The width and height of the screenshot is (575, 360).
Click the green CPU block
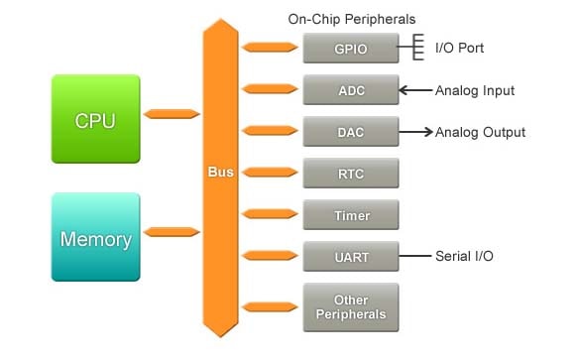click(95, 121)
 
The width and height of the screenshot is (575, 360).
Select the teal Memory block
click(95, 239)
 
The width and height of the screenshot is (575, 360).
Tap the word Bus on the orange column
click(220, 172)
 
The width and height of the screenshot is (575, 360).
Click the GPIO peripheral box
click(351, 48)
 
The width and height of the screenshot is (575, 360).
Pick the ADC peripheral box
click(351, 90)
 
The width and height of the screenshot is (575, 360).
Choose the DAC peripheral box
click(351, 132)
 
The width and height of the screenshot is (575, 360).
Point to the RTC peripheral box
click(351, 174)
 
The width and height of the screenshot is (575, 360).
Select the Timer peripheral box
click(351, 215)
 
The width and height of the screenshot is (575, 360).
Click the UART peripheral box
click(351, 257)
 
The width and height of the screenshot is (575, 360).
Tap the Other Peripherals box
click(351, 307)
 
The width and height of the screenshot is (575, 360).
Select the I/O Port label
click(459, 48)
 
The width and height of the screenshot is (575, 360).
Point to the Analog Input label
click(475, 90)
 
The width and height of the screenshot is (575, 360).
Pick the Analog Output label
click(480, 132)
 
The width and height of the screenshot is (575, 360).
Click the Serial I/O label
click(464, 257)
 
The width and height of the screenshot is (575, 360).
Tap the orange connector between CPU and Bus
click(172, 114)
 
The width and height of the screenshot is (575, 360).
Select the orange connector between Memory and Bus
click(172, 232)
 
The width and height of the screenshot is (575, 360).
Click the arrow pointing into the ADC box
click(415, 90)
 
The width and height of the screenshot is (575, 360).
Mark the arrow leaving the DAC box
click(415, 132)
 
